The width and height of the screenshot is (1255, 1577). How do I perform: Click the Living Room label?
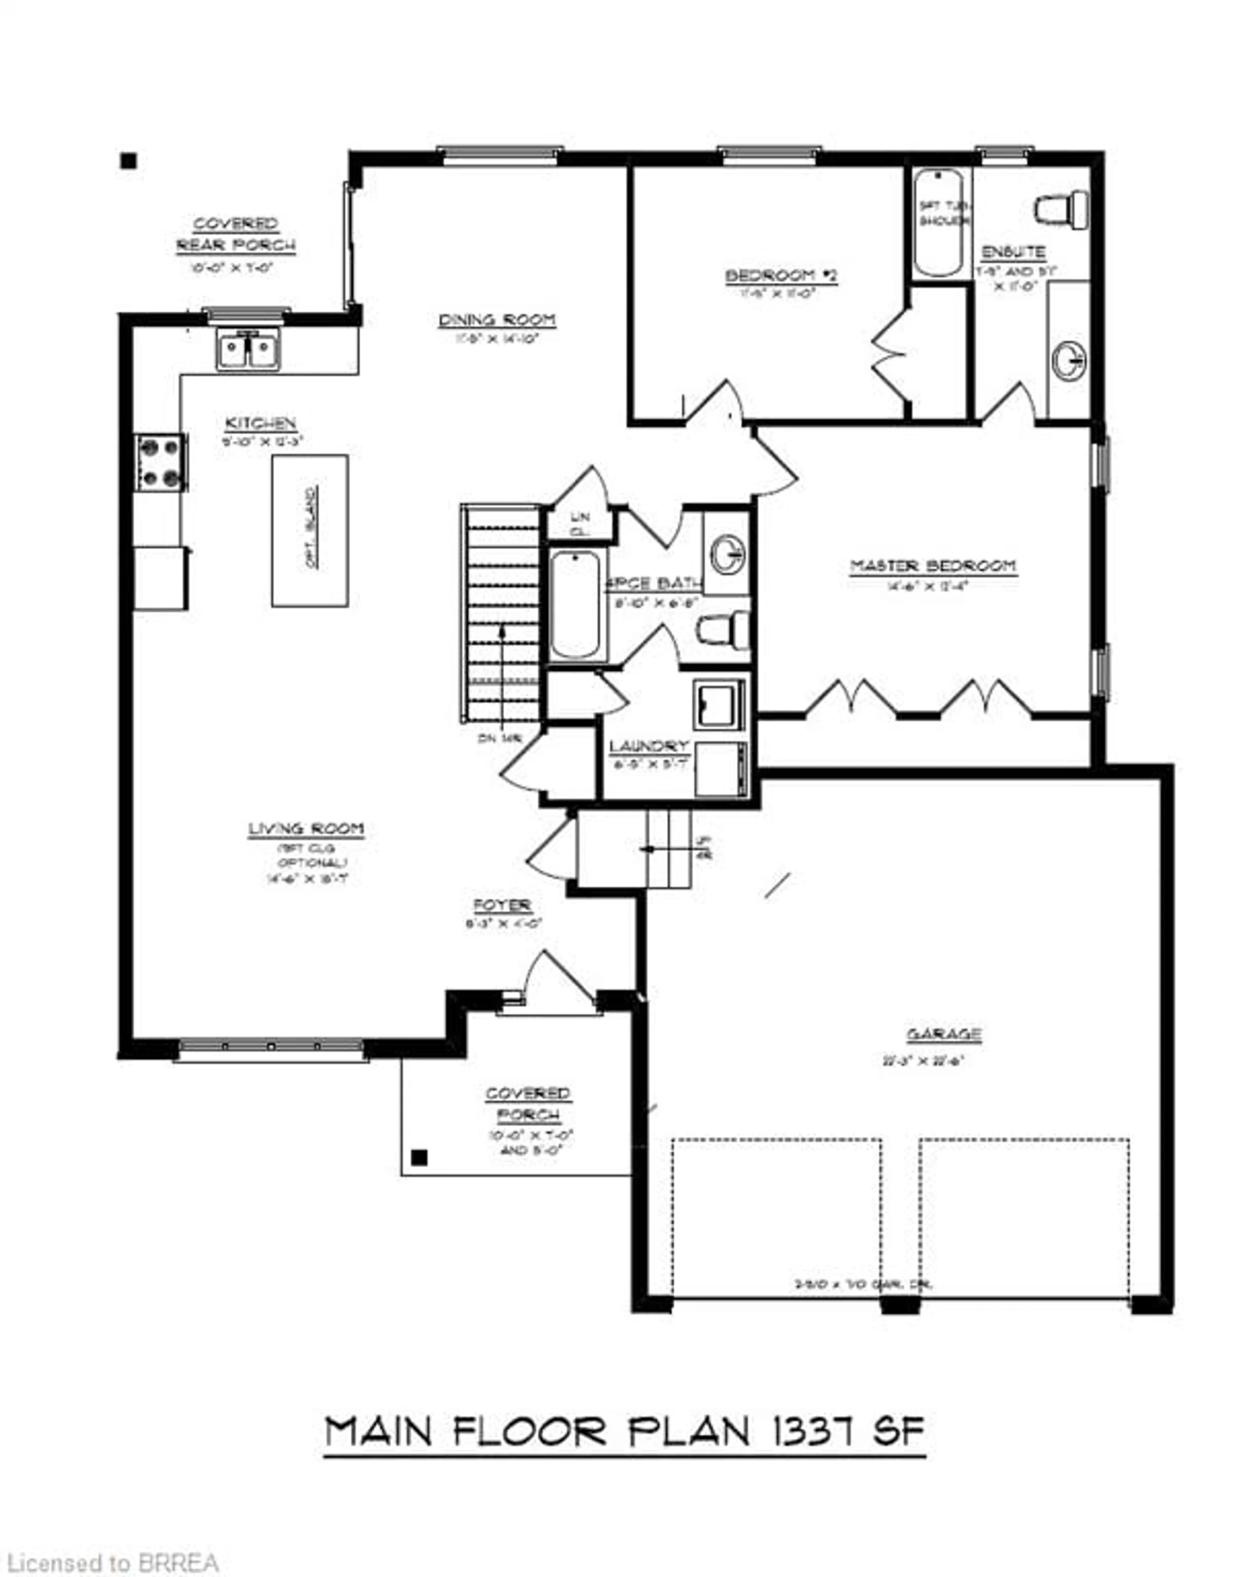(306, 829)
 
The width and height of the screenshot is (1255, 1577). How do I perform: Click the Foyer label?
(502, 906)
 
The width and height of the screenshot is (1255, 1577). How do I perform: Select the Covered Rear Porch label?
(236, 234)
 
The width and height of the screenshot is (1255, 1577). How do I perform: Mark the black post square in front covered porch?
(419, 1158)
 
